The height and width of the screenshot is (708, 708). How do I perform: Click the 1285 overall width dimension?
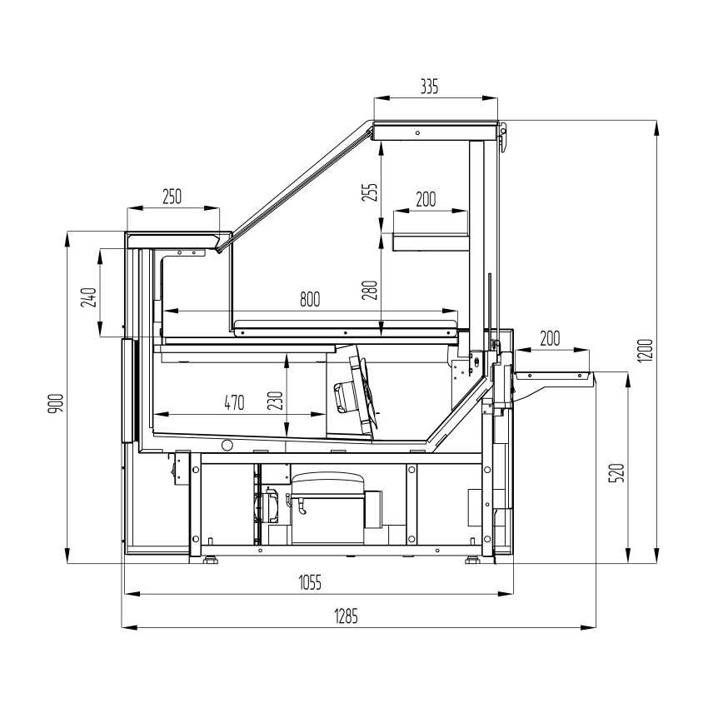pos(346,616)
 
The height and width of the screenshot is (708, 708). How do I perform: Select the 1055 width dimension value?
pos(310,582)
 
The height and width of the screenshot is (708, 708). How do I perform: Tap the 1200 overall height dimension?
pos(646,350)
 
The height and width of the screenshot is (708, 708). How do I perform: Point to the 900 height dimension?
pos(57,404)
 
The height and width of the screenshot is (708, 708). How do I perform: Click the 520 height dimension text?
pos(616,473)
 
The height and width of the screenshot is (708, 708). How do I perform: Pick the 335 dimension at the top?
pos(429,87)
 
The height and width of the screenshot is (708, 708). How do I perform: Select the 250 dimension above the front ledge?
pos(172,197)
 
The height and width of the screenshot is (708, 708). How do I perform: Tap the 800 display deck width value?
pos(310,299)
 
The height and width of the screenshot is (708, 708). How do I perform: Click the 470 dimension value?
pos(234,402)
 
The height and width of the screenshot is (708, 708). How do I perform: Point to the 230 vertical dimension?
pos(276,401)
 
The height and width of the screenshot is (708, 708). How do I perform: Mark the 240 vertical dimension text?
pos(88,297)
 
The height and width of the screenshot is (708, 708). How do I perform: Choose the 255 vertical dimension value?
pos(370,192)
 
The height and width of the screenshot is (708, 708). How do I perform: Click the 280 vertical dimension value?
pos(370,291)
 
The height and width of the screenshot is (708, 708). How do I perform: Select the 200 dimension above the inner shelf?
pos(426,199)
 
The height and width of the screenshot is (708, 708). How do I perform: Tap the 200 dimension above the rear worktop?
pos(550,338)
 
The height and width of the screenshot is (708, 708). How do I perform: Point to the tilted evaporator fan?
pos(356,391)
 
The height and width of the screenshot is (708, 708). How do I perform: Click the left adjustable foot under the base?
pos(211,560)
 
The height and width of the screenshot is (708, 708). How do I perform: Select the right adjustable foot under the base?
pos(473,560)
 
